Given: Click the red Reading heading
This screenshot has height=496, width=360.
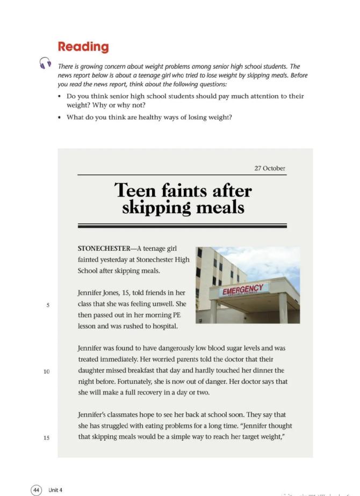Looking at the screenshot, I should coord(83,47).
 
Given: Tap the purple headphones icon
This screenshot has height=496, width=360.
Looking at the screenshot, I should coord(45,63).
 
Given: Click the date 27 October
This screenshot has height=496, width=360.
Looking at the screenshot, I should coord(270,169).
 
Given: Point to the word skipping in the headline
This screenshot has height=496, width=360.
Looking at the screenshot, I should coord(156,208).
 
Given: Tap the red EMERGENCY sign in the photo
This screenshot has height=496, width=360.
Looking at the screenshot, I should coord(242,290).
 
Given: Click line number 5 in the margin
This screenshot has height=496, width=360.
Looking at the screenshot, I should coord(48,305).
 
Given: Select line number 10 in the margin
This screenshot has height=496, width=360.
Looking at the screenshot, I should coord(47,371).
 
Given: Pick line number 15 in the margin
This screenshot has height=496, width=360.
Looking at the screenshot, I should coord(47,437).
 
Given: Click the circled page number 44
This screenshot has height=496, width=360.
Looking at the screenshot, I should coord(37,490).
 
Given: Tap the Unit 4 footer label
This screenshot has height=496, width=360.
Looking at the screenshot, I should coord(55,490).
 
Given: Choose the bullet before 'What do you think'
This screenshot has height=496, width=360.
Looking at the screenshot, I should coord(60,118).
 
